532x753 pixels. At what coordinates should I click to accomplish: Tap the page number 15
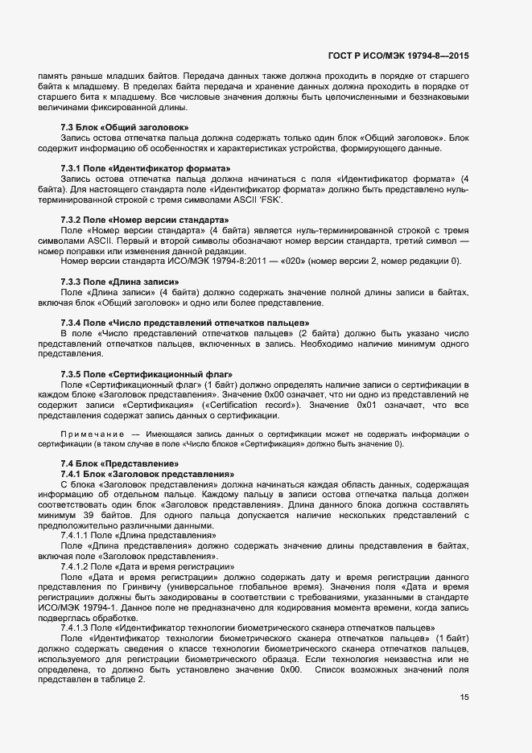(464, 697)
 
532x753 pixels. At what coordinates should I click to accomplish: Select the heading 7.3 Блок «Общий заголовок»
(125, 128)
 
